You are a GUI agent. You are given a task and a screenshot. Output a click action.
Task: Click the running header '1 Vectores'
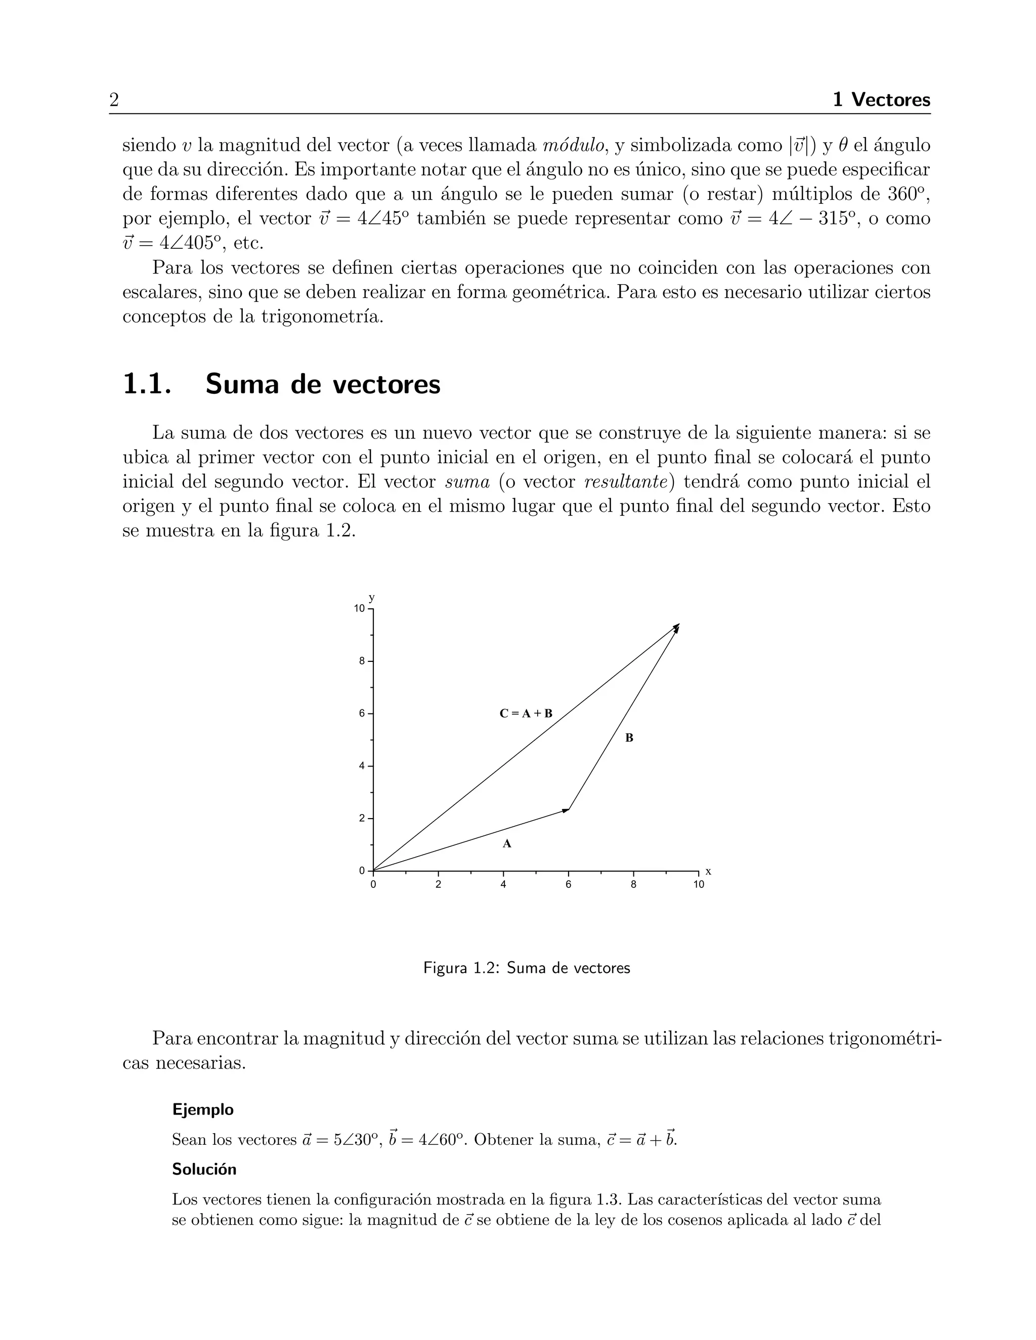coord(881,100)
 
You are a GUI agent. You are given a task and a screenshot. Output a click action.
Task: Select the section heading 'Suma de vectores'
coord(323,385)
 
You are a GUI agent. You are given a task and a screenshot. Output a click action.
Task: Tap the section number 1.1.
coord(146,385)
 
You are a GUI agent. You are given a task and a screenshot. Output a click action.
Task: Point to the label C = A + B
coord(526,713)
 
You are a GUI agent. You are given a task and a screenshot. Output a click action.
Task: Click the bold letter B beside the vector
coord(629,738)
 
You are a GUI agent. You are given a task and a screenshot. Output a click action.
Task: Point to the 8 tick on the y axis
coord(363,661)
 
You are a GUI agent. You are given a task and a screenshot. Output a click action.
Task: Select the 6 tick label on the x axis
coord(568,885)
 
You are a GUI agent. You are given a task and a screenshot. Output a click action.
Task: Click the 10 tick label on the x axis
coord(699,885)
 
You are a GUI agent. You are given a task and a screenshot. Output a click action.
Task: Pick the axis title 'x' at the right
coord(708,872)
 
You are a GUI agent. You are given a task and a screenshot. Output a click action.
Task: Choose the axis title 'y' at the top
coord(371,598)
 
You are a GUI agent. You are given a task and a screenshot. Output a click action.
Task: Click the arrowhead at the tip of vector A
coord(567,811)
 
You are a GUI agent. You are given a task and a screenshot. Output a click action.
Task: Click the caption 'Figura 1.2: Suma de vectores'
coord(527,968)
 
